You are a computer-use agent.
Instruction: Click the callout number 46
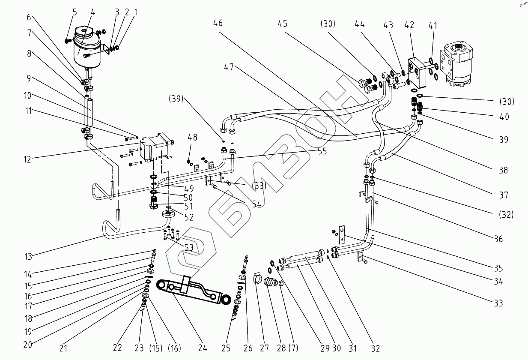(218, 23)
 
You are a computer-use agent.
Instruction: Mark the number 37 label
(504, 195)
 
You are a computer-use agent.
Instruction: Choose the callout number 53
(189, 247)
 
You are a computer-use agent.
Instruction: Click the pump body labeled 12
(156, 146)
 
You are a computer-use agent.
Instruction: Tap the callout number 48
(192, 137)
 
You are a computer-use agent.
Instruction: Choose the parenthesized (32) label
(505, 214)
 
